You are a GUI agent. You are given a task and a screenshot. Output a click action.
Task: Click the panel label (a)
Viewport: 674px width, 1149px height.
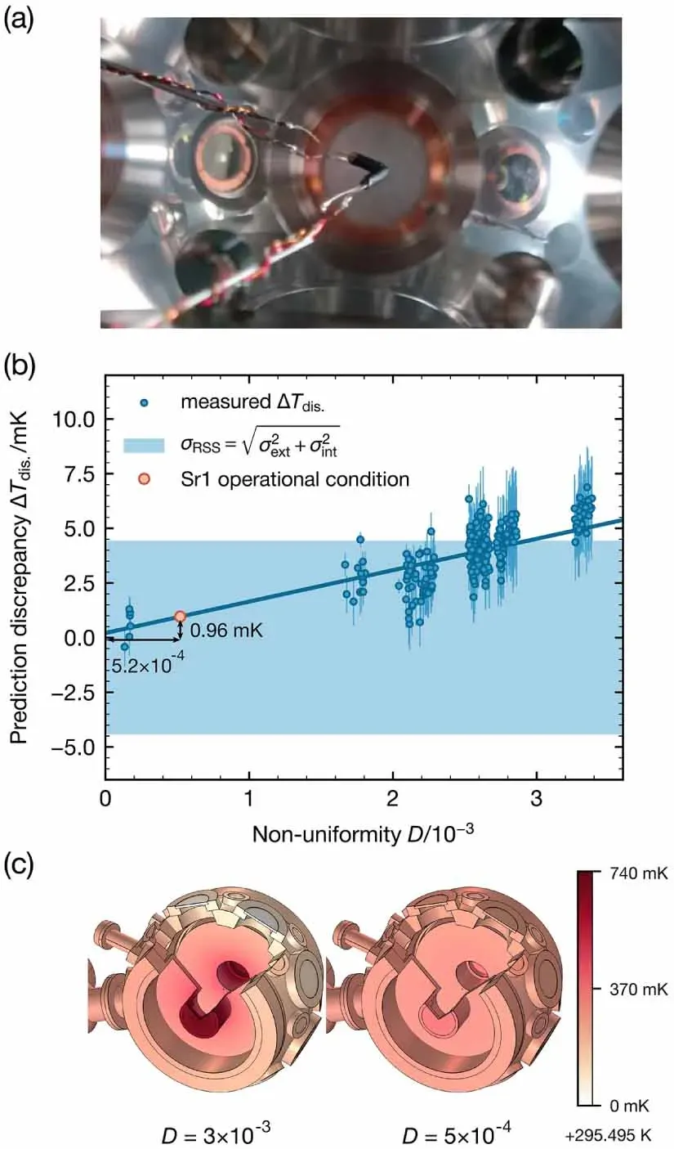(x=19, y=21)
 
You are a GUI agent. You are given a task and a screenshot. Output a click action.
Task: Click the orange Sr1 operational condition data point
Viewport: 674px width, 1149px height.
(x=180, y=617)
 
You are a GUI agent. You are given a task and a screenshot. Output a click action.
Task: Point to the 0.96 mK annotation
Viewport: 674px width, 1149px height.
(x=226, y=630)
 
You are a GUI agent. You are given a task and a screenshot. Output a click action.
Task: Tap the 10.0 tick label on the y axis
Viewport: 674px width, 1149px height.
(x=74, y=420)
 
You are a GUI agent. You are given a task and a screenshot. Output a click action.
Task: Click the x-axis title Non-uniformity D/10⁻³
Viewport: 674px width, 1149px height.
(x=363, y=835)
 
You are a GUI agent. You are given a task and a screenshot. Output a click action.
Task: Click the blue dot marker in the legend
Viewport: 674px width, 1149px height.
(x=144, y=403)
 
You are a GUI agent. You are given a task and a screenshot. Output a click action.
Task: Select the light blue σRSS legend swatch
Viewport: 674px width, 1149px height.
(x=144, y=445)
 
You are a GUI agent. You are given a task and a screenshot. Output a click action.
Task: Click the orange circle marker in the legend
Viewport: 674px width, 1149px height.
(x=144, y=479)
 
